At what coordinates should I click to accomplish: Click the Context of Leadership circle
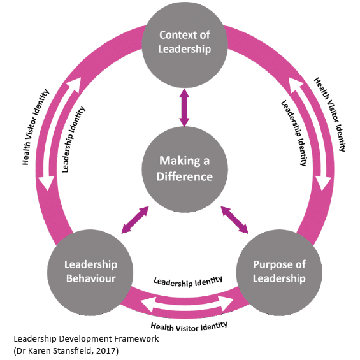coord(185,45)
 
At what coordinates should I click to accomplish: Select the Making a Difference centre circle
coord(185,169)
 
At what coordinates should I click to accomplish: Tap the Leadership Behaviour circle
coord(90,273)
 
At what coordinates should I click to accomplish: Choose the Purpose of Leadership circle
coord(279,273)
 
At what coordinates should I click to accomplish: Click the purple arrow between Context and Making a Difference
coord(184,108)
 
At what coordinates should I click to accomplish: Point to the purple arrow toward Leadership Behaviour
coord(135,220)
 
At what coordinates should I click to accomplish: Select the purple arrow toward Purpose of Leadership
coord(234,220)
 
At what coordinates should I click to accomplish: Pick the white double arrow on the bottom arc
coord(187,304)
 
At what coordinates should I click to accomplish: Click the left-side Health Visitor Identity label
coord(35,127)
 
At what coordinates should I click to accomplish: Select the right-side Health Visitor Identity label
coord(330,114)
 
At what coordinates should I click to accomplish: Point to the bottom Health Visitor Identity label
coord(189,326)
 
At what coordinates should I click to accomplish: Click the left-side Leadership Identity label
coord(73,139)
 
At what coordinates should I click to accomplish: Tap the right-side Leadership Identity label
coord(294,133)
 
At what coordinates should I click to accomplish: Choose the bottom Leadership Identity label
coord(188,282)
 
